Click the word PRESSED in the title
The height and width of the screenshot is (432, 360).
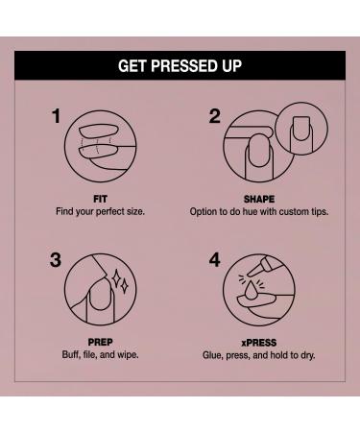pyautogui.click(x=180, y=66)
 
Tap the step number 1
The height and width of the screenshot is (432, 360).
pyautogui.click(x=56, y=116)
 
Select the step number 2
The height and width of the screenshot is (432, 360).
pyautogui.click(x=215, y=116)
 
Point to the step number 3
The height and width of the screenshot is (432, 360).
pyautogui.click(x=56, y=260)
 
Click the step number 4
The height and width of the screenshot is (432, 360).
pyautogui.click(x=215, y=260)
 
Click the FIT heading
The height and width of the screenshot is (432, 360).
pyautogui.click(x=100, y=199)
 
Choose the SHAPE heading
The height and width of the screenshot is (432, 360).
pyautogui.click(x=259, y=199)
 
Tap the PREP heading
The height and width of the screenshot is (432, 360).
pyautogui.click(x=100, y=343)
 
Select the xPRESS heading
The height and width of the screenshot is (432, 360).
pyautogui.click(x=259, y=343)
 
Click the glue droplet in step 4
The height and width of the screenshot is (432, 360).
pyautogui.click(x=251, y=292)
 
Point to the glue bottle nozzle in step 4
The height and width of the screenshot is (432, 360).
pyautogui.click(x=255, y=270)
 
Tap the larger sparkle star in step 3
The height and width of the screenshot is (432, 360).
pyautogui.click(x=116, y=277)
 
